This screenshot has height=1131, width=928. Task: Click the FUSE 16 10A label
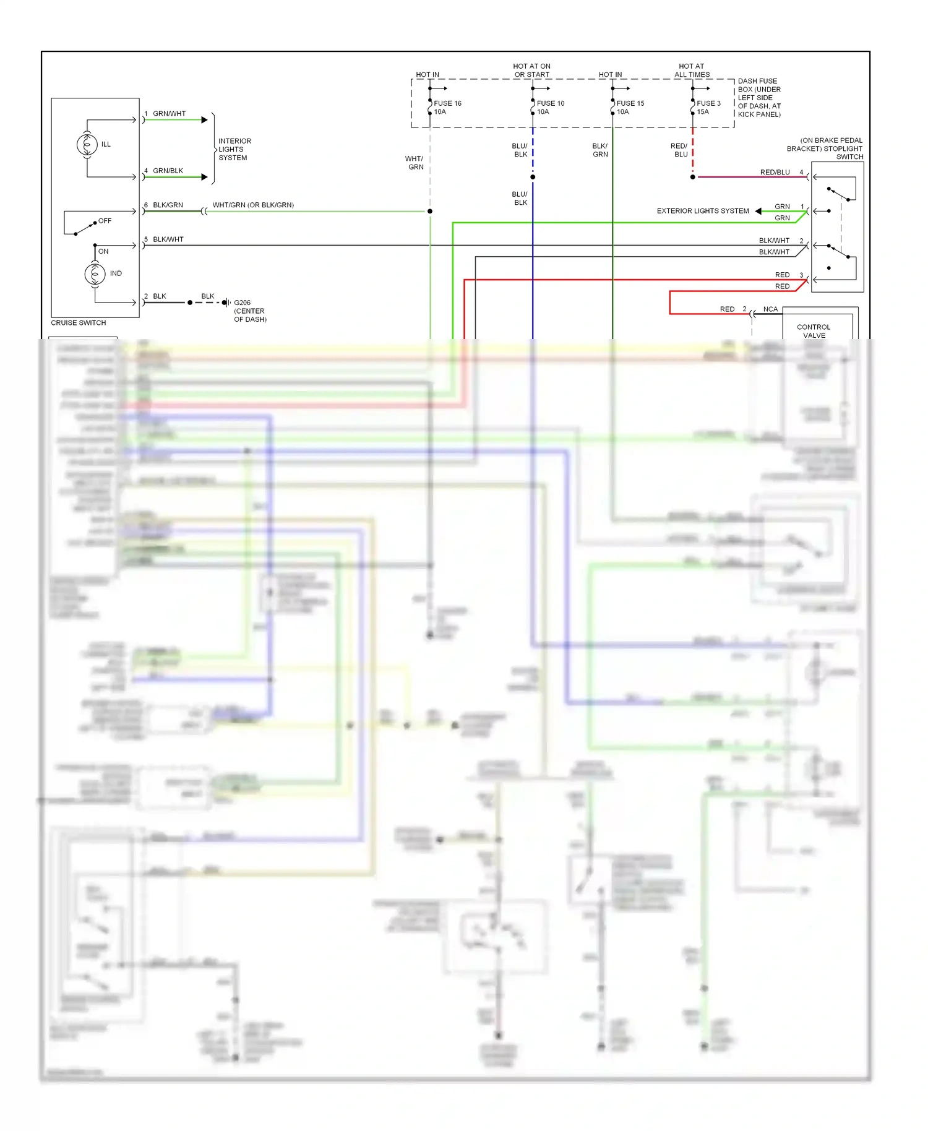coord(447,108)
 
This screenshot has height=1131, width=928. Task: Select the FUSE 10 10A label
coord(550,108)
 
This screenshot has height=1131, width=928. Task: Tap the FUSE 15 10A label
coord(630,108)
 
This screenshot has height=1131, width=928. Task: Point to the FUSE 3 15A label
coord(708,108)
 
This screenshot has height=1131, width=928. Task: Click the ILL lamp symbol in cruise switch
coord(87,144)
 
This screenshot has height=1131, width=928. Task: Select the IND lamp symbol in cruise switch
coord(95,273)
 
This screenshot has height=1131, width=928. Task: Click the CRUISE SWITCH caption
coord(79,323)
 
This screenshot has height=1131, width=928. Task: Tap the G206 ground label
coord(249,311)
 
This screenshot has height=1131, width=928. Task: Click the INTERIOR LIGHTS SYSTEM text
coord(234,149)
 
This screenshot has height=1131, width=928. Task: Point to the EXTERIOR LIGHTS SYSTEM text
coord(702,211)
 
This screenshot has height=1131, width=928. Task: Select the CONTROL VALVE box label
coord(814,331)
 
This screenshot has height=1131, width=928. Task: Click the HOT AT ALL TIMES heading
coord(692,70)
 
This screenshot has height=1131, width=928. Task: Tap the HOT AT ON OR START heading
coord(531,70)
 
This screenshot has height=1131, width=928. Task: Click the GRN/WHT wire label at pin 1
coord(169,114)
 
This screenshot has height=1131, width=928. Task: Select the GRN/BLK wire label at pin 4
coord(168,171)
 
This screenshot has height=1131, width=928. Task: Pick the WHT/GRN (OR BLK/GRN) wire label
coord(253,205)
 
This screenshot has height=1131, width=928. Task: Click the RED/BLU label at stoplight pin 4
coord(775,172)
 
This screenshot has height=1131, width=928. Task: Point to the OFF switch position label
coord(105,221)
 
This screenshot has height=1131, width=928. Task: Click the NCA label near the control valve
coord(770,309)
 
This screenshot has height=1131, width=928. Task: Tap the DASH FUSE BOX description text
coord(759,98)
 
